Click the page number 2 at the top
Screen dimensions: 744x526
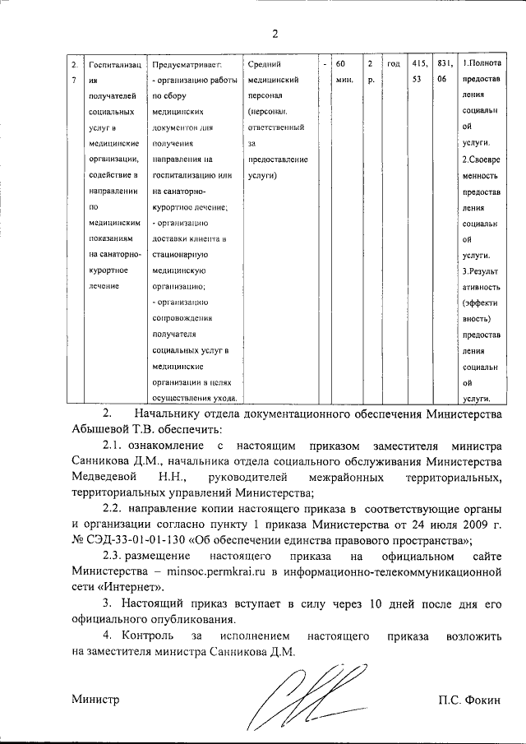point(275,33)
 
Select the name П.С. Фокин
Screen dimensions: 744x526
point(469,699)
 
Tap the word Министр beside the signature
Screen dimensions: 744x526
point(95,699)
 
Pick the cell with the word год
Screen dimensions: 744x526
point(393,64)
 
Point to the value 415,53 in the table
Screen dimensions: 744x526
point(420,72)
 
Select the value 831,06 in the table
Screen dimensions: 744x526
point(444,72)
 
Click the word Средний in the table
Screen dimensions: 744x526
point(264,64)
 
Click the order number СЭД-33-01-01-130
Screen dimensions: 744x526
point(136,540)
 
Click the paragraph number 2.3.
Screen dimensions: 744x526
point(116,557)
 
